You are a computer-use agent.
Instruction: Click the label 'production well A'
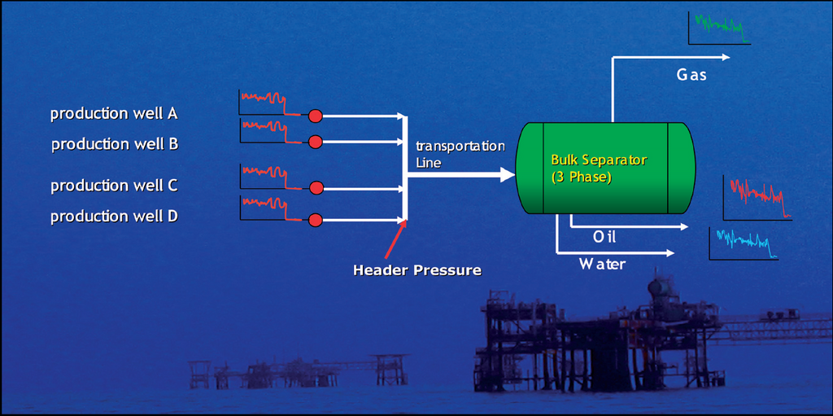coord(114,114)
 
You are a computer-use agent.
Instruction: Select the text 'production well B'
coord(115,144)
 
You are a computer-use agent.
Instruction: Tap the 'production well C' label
coord(114,186)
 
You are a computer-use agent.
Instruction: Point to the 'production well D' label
coord(114,217)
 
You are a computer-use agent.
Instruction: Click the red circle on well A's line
coord(315,115)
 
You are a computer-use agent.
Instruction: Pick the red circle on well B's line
coord(316,142)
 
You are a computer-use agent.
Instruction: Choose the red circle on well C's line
coord(316,188)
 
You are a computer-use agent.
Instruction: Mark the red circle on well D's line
coord(316,219)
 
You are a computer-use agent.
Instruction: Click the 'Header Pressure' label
coord(416,269)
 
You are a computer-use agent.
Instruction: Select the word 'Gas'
coord(691,75)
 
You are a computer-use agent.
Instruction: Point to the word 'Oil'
coord(604,237)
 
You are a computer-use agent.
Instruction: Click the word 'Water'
coord(602,264)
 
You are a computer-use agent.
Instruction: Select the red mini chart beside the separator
coord(757,197)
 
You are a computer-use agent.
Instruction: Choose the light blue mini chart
coord(743,243)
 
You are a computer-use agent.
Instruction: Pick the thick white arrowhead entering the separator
coord(507,174)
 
